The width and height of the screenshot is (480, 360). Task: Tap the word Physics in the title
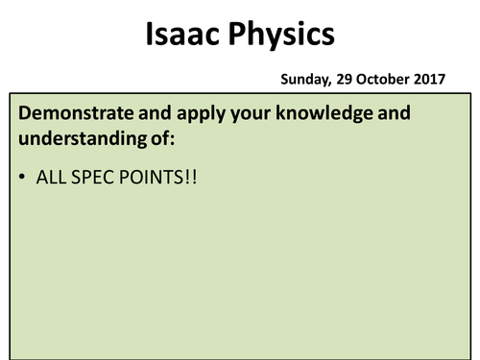[x=280, y=36]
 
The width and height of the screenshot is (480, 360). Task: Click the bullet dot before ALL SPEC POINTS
[x=21, y=179]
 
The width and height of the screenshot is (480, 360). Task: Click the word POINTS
[x=148, y=179]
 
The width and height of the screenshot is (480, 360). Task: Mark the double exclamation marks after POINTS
[x=189, y=179]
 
